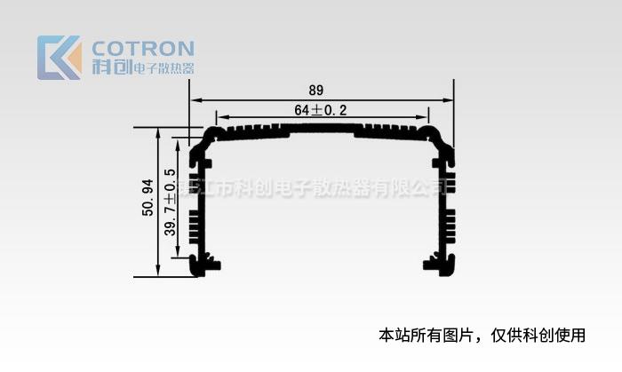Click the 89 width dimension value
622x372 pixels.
(x=315, y=91)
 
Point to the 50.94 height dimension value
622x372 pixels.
(x=148, y=198)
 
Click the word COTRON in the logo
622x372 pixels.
(x=143, y=48)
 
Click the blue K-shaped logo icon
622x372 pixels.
(x=53, y=58)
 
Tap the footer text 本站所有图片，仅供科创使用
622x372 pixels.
(x=482, y=336)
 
